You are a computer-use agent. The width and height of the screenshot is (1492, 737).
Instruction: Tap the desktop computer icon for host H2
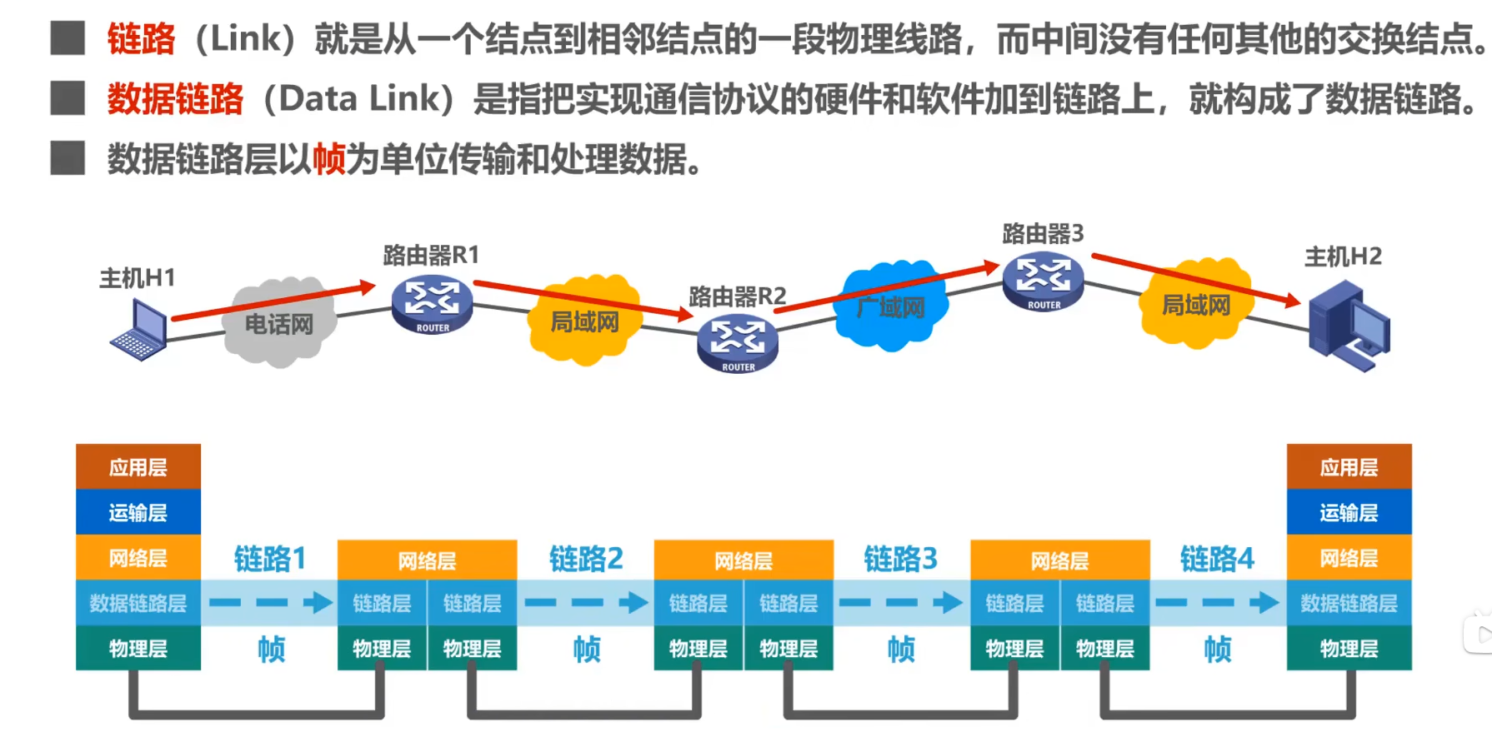[x=1348, y=326]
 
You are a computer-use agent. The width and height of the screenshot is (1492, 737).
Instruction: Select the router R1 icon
[x=432, y=305]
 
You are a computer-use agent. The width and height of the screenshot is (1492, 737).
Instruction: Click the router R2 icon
[x=738, y=344]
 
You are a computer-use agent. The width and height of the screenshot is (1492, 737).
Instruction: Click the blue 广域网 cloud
[x=890, y=306]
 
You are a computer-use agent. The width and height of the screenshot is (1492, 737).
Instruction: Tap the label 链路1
[x=270, y=558]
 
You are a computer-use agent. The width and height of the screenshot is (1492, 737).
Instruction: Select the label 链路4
[x=1217, y=558]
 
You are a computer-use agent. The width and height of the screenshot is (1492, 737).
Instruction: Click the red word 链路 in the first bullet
[x=141, y=39]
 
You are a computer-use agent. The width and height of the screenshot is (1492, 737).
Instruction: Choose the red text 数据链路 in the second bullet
[x=175, y=99]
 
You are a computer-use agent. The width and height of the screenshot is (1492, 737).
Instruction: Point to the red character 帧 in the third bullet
[x=328, y=158]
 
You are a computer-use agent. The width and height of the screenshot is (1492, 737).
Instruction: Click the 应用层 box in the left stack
[x=138, y=466]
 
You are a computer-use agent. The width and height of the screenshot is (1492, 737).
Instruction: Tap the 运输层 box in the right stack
[x=1349, y=512]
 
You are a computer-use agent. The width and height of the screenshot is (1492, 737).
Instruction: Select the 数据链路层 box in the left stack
[x=138, y=603]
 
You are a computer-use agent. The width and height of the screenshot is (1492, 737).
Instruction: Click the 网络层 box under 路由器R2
[x=743, y=560]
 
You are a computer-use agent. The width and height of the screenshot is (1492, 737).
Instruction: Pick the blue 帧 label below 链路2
[x=587, y=649]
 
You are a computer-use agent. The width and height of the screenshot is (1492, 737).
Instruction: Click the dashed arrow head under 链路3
[x=949, y=602]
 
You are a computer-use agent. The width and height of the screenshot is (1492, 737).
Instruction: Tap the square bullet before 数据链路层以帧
[x=68, y=158]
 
